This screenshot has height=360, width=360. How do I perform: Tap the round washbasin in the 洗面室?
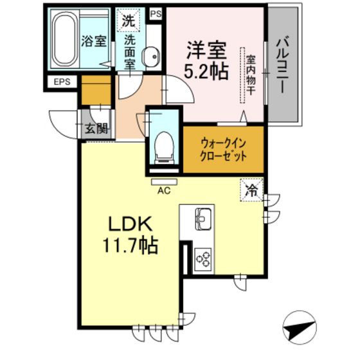click(x=152, y=57)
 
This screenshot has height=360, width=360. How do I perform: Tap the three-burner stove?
click(x=204, y=258)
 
